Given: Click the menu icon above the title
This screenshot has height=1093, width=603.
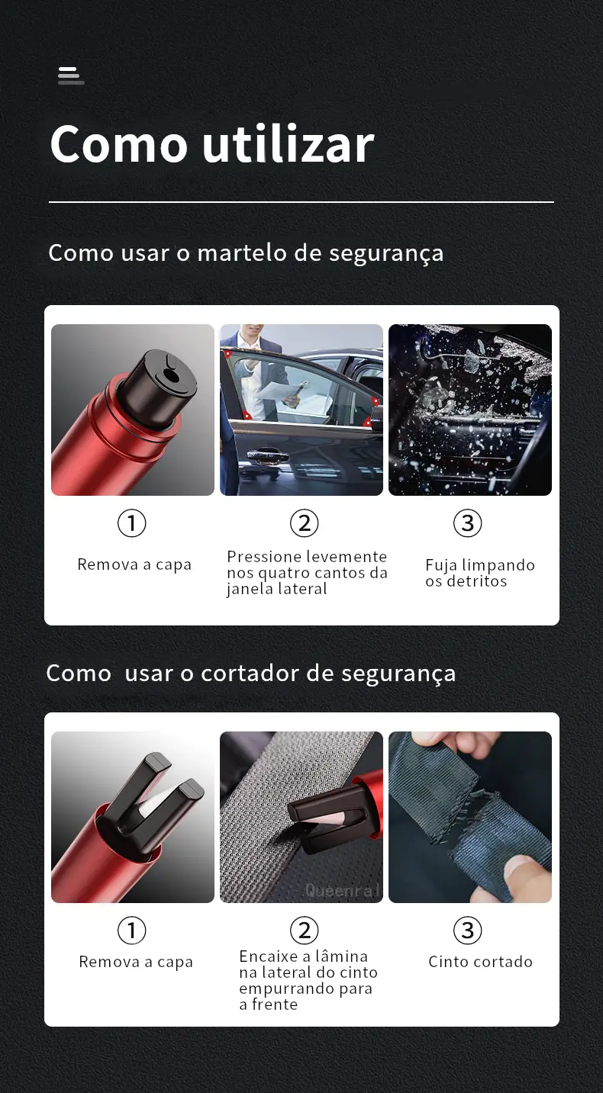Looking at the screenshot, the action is click(x=71, y=76).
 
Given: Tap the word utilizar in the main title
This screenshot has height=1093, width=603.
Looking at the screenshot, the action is click(x=288, y=143).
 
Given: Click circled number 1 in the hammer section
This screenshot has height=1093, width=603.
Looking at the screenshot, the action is click(x=132, y=523).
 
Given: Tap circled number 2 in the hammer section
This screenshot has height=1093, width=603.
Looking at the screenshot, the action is click(x=305, y=523).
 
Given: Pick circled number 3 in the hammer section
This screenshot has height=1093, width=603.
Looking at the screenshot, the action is click(x=468, y=523).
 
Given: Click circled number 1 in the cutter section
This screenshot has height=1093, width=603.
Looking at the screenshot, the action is click(x=132, y=930).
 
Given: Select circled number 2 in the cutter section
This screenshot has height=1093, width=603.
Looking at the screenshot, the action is click(x=305, y=930).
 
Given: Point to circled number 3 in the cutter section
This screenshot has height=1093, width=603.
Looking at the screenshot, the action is click(x=468, y=930).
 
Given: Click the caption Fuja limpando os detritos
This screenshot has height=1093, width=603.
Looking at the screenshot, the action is click(x=480, y=573).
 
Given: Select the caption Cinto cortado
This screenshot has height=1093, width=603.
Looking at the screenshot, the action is click(x=480, y=962).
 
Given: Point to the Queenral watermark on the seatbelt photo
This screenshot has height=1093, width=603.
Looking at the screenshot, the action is click(x=342, y=891).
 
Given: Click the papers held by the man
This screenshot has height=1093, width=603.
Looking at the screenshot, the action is click(x=277, y=391).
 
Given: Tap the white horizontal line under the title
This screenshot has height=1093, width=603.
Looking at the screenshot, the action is click(x=301, y=202).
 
